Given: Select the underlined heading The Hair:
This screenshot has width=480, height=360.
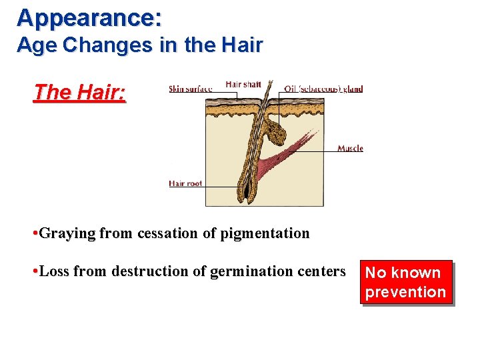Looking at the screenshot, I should (79, 92).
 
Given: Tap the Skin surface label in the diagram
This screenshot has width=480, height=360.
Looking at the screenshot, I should (190, 89).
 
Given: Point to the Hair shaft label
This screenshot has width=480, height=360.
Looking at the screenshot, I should (243, 84).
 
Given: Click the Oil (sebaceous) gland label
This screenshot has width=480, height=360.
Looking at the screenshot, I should (323, 89).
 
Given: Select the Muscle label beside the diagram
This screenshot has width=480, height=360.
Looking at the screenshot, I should (350, 148).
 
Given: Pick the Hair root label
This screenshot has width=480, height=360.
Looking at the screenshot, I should (185, 183).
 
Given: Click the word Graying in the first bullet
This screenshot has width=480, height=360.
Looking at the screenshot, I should (67, 233).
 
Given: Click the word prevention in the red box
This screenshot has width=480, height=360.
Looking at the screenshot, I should (405, 292).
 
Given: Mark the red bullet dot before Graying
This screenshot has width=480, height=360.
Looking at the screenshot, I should (35, 234).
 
